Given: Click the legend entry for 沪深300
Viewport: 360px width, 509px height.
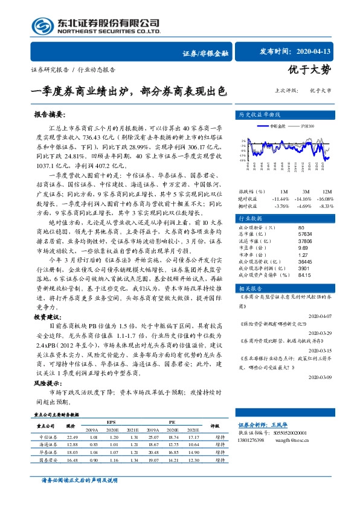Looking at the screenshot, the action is tap(306, 126).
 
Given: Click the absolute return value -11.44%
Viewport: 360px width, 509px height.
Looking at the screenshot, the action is tap(281, 198).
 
